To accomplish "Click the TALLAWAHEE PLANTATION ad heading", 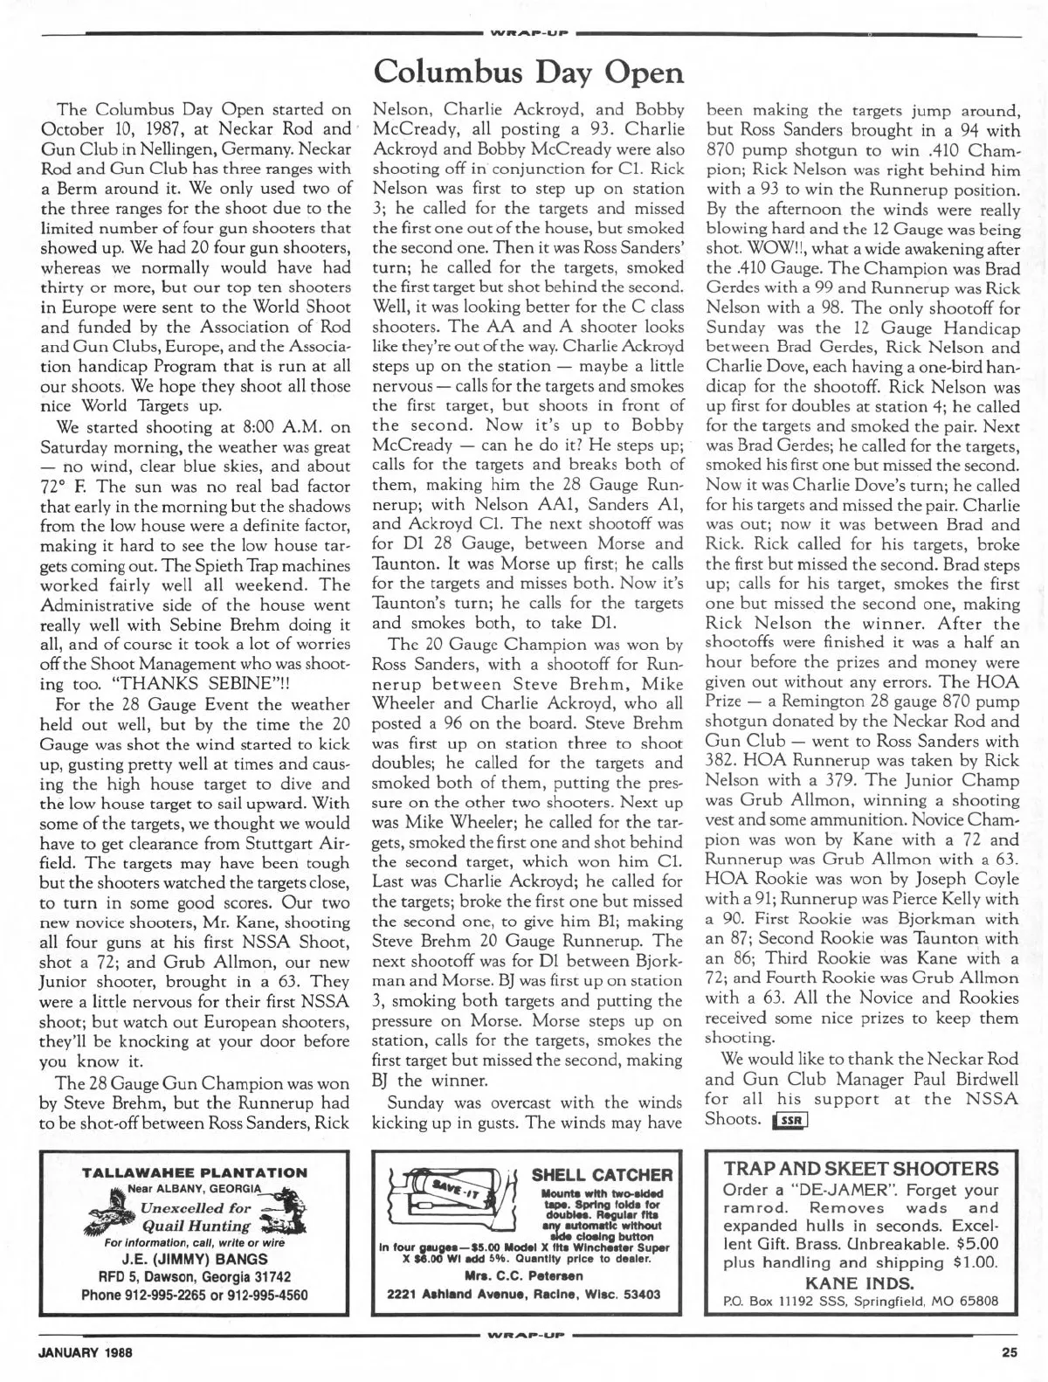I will [x=194, y=1173].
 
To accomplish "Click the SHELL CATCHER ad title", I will [x=603, y=1176].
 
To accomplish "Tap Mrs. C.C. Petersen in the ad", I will [x=524, y=1276].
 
